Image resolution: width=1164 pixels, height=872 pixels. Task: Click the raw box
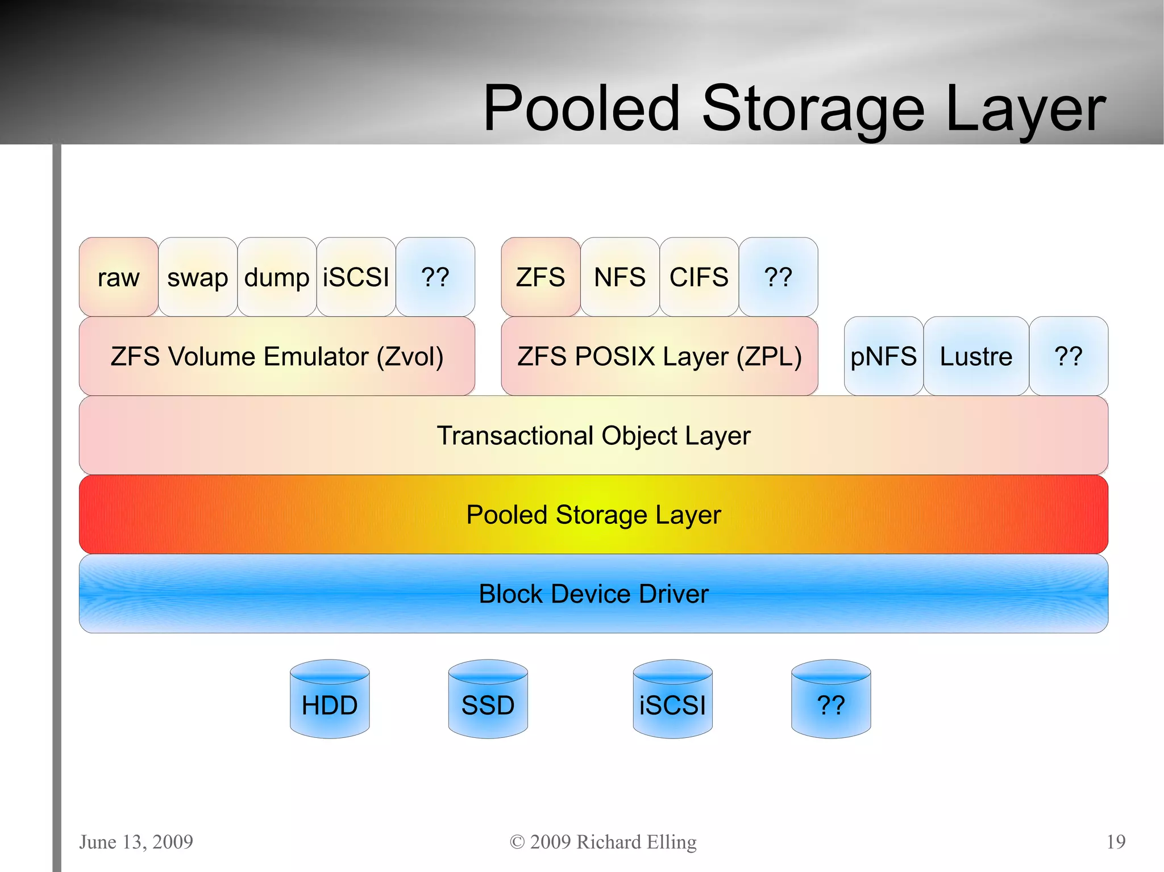[x=118, y=277]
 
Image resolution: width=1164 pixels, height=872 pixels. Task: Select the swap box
[x=197, y=277]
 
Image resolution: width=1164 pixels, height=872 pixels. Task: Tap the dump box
[x=277, y=277]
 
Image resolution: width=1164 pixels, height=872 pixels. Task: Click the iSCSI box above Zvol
[x=356, y=277]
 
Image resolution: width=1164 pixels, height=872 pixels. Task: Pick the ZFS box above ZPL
[x=541, y=277]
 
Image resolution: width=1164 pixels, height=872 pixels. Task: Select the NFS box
[x=620, y=277]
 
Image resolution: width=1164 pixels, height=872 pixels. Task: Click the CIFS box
[x=699, y=277]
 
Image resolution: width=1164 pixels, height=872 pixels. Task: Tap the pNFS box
[x=883, y=356]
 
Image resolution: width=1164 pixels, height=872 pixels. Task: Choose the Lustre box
[x=976, y=356]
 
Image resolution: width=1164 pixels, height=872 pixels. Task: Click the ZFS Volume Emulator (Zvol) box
[x=277, y=356]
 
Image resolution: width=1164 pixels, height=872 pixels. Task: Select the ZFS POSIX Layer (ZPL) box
[x=659, y=356]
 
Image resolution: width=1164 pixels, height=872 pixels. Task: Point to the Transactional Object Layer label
[x=593, y=436]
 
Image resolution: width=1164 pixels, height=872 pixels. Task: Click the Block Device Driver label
[x=593, y=594]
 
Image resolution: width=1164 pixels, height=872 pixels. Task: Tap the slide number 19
[x=1116, y=841]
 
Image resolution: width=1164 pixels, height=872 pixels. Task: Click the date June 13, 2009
[x=136, y=841]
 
